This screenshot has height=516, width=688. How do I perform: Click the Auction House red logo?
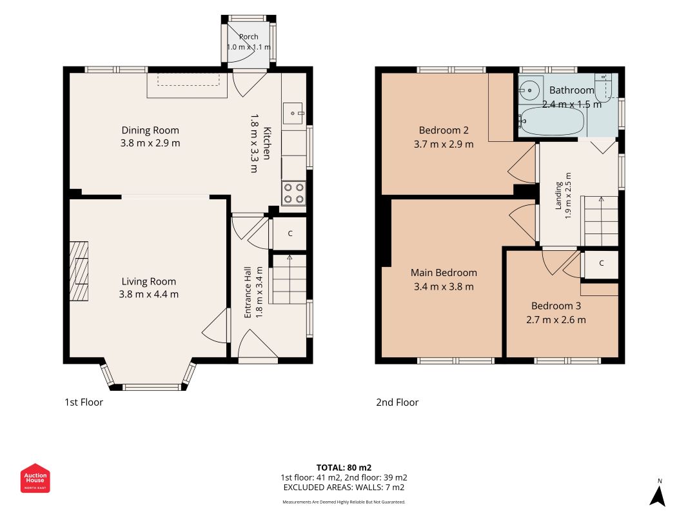tap(35, 478)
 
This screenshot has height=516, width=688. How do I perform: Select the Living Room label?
tap(149, 282)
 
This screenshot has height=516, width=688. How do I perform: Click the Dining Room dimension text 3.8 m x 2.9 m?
tap(150, 143)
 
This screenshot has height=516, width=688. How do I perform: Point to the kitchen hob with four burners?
tap(293, 193)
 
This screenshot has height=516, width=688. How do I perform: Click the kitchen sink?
tap(293, 114)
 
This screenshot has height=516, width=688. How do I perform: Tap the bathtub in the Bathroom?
tap(552, 121)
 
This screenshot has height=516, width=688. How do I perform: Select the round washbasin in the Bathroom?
tap(529, 90)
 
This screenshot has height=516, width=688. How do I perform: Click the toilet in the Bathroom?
tap(604, 87)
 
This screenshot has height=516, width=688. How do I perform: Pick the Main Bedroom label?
tap(444, 272)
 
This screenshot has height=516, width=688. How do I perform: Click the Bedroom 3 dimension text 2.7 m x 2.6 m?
tap(556, 320)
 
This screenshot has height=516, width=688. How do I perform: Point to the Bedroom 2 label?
tap(444, 130)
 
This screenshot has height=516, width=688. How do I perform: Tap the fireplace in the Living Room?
tap(79, 271)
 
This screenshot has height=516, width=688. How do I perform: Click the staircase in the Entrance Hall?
tap(288, 279)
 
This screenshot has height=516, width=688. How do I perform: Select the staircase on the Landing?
tap(600, 221)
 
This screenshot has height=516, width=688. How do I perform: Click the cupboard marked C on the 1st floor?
tap(290, 233)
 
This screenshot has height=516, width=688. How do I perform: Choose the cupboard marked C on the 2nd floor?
tap(601, 263)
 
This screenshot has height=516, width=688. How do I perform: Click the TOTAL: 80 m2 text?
tap(344, 468)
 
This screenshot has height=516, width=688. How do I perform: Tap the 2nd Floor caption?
tap(397, 402)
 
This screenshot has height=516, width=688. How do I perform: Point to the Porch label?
tap(248, 37)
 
